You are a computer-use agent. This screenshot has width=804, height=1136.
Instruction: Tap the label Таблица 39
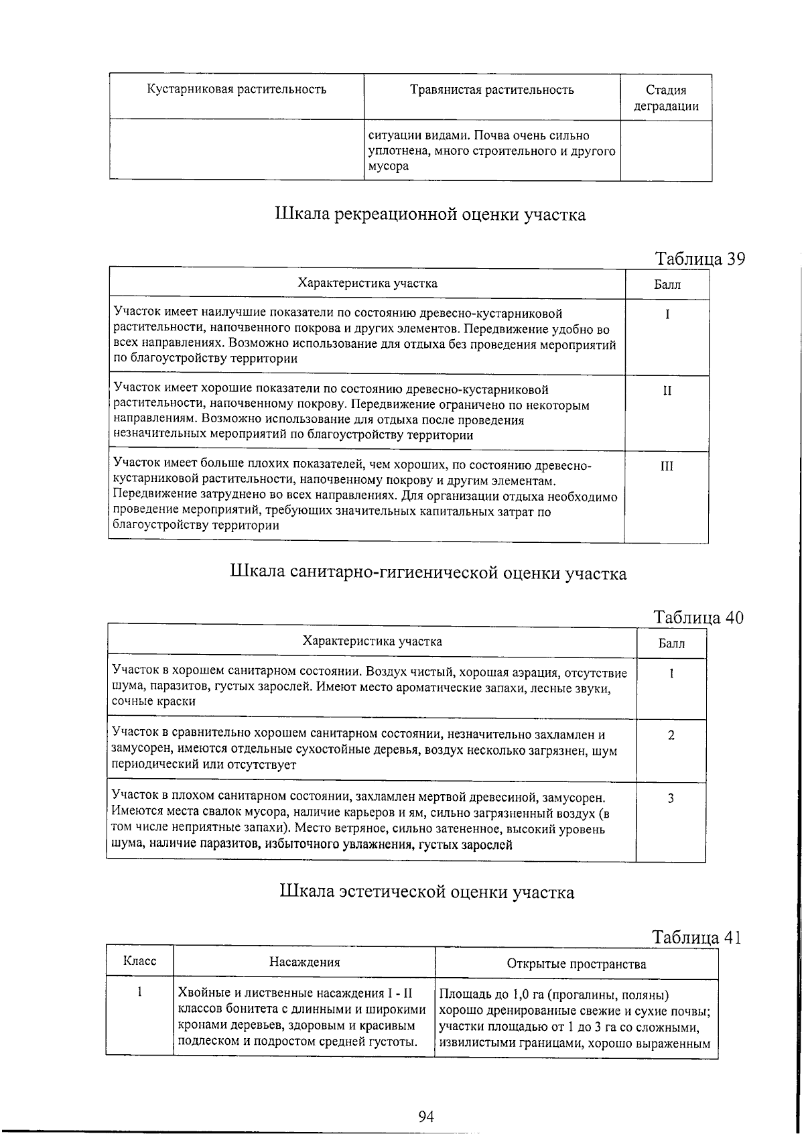699,259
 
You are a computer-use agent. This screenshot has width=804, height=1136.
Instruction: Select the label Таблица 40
698,617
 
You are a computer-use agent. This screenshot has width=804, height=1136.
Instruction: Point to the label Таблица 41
697,937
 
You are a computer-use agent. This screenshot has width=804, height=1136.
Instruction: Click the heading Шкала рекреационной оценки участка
430,214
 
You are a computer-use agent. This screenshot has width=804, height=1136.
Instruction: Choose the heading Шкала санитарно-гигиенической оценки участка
428,573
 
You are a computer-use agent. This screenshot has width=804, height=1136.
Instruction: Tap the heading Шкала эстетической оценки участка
426,893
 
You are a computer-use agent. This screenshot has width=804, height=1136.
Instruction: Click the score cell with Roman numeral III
667,466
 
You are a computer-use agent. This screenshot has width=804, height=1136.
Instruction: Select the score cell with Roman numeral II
667,391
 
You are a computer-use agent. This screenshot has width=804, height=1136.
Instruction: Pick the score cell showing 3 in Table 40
671,798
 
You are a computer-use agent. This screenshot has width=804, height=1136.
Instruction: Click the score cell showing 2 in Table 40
671,735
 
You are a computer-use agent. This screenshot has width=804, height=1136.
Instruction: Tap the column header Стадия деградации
666,98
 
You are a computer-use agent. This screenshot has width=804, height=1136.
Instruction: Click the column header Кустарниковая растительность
237,90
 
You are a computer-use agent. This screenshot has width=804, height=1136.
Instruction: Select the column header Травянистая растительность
492,90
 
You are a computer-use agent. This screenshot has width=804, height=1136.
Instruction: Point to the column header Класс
140,961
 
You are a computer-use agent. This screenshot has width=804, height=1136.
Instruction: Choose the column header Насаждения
304,962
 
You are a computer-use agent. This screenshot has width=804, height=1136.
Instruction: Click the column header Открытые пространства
576,964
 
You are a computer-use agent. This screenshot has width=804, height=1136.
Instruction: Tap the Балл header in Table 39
667,284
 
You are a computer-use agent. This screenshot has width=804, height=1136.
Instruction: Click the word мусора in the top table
389,167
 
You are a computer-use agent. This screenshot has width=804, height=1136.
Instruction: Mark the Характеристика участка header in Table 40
372,641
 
